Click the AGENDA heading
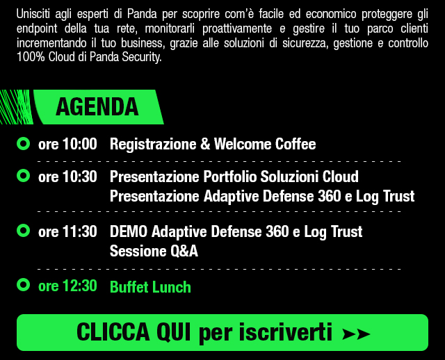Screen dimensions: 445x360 97,107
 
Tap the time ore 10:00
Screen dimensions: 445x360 67,144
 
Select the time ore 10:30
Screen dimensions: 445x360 67,177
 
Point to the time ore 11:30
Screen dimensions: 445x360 67,231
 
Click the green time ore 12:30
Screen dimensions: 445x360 67,286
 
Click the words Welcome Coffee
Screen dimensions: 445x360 265,144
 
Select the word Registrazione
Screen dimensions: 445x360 153,145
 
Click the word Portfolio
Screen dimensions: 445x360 230,177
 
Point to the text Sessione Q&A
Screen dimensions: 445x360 154,252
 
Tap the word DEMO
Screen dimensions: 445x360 129,231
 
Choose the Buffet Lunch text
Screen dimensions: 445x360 150,287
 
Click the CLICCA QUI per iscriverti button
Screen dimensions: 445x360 222,332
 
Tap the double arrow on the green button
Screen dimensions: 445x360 356,334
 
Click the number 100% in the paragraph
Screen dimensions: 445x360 31,57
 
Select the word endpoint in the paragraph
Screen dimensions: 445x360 37,28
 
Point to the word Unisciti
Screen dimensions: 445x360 33,14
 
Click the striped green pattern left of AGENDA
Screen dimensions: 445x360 17,107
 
